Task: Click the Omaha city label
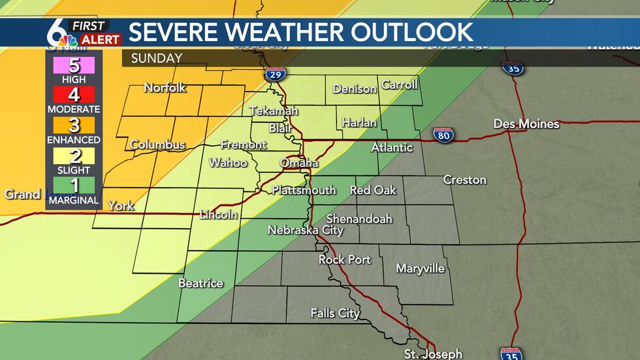(x=299, y=163)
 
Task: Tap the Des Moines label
(x=526, y=124)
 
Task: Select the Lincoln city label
(x=218, y=214)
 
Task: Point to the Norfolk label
(x=165, y=88)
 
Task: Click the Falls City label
(x=335, y=314)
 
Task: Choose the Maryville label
(x=420, y=269)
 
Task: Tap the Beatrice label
(x=200, y=283)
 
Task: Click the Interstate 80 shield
(x=443, y=135)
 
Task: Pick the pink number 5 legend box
(x=73, y=65)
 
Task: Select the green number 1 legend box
(x=73, y=186)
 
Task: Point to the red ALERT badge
(x=100, y=40)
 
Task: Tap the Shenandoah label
(x=359, y=219)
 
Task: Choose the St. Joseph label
(x=432, y=353)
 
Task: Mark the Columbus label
(x=157, y=144)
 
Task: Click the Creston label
(x=464, y=180)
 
